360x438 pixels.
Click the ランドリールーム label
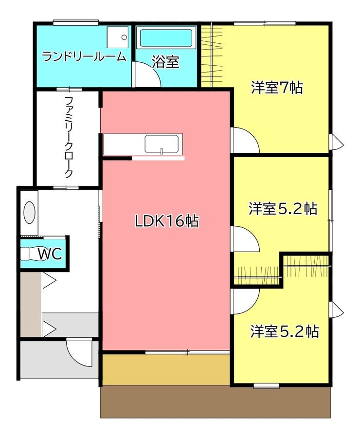84,57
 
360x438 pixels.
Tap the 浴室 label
165,62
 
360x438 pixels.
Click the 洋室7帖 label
277,88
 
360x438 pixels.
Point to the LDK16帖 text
167,221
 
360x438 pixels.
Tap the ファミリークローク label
69,137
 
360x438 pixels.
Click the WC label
50,254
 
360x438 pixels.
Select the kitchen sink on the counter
162,144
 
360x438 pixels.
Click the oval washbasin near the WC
29,212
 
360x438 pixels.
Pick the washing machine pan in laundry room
117,37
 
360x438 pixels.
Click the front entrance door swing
79,352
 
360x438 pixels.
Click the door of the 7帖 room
246,140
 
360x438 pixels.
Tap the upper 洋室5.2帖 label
283,209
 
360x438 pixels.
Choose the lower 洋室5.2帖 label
284,331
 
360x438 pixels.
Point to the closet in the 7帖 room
212,56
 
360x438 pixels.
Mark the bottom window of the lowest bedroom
266,386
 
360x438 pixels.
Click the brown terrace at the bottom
216,402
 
